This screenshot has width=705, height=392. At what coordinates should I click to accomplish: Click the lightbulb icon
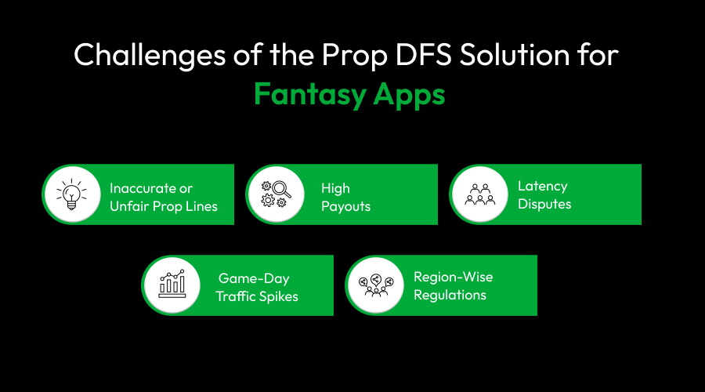[72, 194]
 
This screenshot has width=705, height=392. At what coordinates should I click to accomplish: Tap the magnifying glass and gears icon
[273, 194]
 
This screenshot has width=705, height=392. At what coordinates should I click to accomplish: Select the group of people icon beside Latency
[479, 194]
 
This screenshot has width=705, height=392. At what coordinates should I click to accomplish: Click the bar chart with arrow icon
[172, 285]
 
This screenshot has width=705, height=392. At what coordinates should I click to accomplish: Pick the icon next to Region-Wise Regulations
[375, 285]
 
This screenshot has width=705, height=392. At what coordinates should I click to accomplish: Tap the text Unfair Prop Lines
[163, 206]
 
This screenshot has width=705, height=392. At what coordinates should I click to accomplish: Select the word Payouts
[345, 206]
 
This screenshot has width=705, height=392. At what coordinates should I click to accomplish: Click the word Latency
[542, 187]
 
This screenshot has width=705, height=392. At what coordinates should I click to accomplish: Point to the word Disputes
[544, 205]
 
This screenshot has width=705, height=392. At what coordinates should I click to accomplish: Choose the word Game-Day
[252, 278]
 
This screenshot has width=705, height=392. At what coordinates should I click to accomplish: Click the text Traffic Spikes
[257, 297]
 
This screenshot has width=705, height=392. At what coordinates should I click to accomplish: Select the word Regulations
[450, 296]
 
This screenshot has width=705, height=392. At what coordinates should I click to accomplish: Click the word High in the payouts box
[335, 188]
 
